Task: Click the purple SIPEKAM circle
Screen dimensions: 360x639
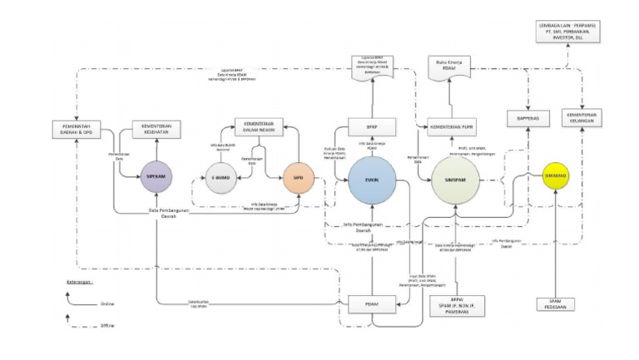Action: (x=156, y=178)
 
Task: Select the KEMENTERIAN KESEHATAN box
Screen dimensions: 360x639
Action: (x=156, y=130)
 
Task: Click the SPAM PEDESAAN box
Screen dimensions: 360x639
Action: (x=553, y=304)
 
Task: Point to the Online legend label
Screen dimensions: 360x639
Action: (x=106, y=305)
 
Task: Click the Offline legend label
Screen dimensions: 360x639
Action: (x=106, y=326)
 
